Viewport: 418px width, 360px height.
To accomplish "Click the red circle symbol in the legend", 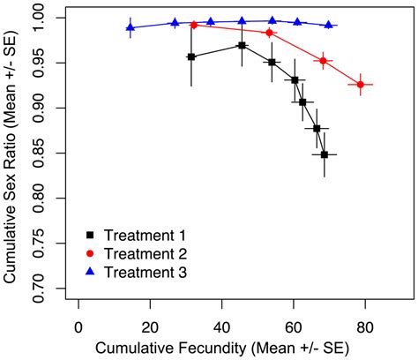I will tap(90, 254).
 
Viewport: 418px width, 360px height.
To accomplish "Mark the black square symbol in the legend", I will tap(90, 236).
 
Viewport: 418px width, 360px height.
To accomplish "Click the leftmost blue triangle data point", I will tap(131, 27).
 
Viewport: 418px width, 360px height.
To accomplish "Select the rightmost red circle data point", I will tap(361, 85).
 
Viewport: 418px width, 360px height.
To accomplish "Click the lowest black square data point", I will tap(325, 154).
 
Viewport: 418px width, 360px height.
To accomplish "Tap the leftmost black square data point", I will tap(191, 56).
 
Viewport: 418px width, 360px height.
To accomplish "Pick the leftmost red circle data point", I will tap(194, 25).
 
